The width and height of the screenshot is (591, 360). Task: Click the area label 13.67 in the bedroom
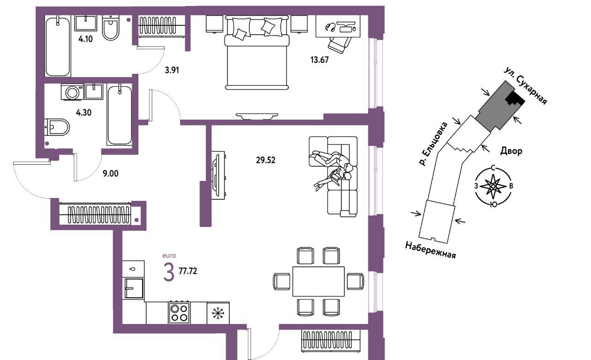click(x=320, y=60)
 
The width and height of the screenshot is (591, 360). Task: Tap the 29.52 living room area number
click(x=265, y=160)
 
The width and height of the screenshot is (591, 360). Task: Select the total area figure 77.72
click(x=188, y=271)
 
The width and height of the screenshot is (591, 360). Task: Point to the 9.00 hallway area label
click(x=110, y=174)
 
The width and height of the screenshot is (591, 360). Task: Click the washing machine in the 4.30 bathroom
click(x=72, y=92)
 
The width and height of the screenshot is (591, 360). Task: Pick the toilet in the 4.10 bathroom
click(x=111, y=28)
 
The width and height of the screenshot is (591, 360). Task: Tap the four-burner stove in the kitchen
click(x=179, y=312)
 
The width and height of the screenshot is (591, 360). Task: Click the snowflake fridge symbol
click(x=218, y=313)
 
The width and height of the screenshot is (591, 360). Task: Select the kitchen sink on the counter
click(x=134, y=288)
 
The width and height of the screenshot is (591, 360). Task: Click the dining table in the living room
click(x=319, y=282)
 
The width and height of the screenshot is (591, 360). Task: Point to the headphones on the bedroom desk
click(x=330, y=27)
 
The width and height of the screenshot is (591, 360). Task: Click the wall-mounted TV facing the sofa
click(x=217, y=175)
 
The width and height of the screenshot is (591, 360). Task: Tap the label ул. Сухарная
click(x=525, y=85)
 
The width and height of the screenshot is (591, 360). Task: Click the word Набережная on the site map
click(x=430, y=250)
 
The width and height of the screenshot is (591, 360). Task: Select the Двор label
click(x=511, y=151)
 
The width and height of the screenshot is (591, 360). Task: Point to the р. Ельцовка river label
click(x=433, y=144)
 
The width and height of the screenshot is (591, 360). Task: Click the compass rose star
click(x=493, y=186)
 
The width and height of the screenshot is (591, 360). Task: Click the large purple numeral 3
click(x=169, y=272)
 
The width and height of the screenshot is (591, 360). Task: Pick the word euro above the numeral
click(x=169, y=256)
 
